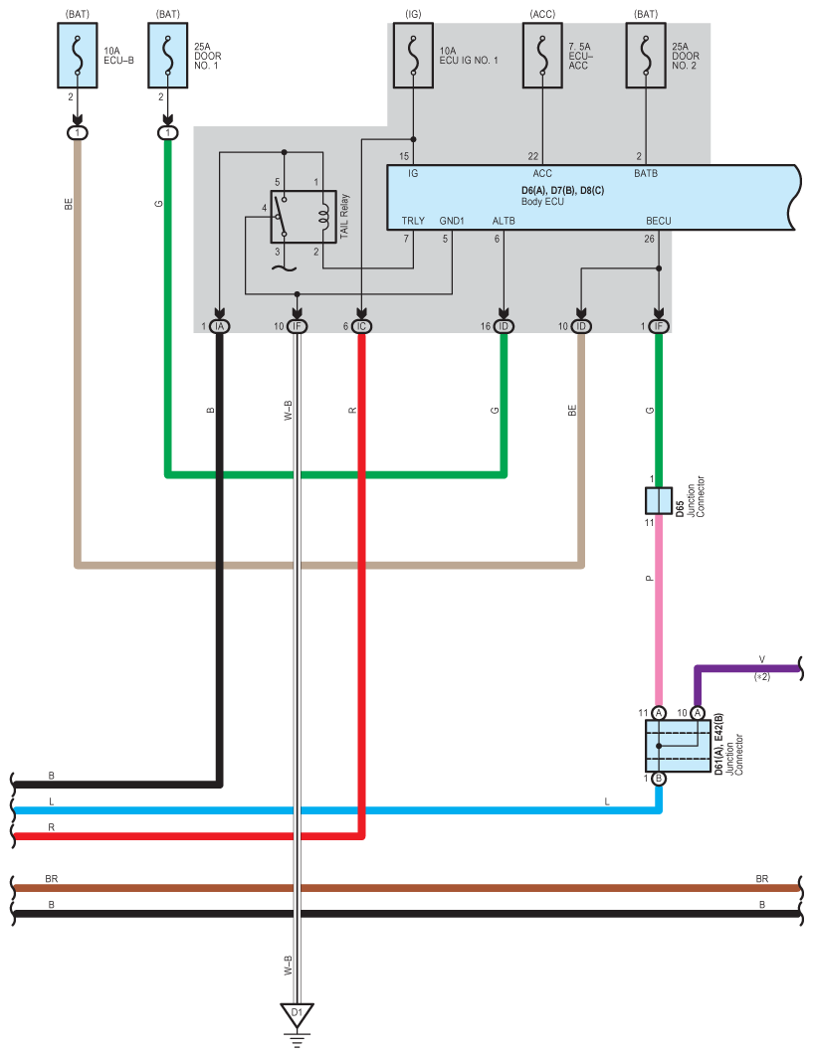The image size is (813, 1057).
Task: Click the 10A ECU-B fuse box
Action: point(78,56)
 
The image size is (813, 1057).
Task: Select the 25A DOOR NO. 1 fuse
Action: point(168,56)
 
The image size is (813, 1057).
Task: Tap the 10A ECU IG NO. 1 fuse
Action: point(413,56)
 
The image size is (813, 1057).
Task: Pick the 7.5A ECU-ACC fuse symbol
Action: point(542,56)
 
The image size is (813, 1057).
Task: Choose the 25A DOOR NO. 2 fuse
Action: point(646,56)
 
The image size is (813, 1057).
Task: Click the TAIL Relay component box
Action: point(304,217)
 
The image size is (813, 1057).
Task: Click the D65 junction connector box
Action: point(659,501)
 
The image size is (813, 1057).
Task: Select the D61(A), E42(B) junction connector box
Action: point(678,746)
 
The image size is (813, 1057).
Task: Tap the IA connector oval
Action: point(219,326)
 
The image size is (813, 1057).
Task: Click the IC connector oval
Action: point(361,326)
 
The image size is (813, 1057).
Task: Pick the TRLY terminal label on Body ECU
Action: point(413,221)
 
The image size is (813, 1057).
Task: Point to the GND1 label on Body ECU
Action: point(452,221)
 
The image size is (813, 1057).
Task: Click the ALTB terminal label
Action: point(504,221)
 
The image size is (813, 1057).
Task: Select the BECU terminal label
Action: point(659,221)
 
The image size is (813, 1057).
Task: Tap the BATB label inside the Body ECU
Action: point(646,174)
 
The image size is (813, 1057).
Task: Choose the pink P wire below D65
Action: point(659,611)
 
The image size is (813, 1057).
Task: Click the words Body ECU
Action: point(542,202)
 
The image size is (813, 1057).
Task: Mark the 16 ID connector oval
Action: point(504,326)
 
